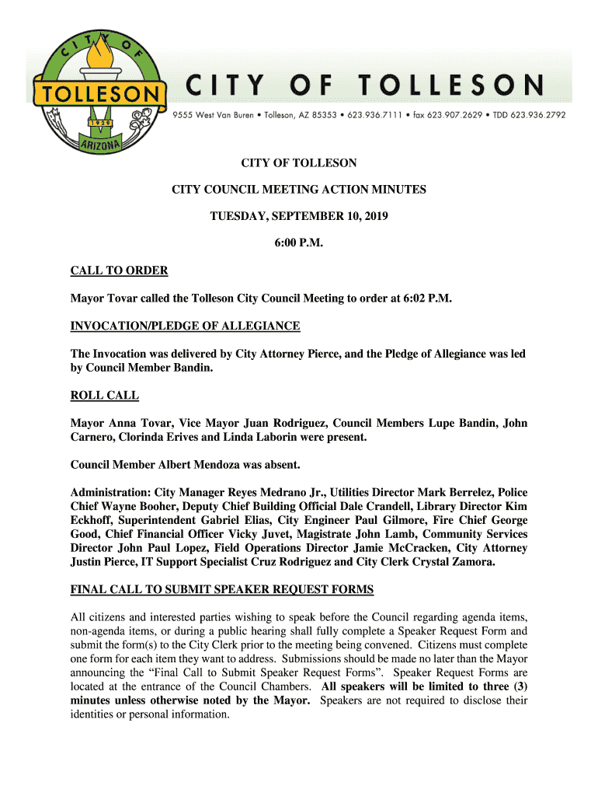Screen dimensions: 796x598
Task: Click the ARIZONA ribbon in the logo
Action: pos(99,145)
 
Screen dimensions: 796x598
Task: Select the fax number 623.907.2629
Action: pos(463,114)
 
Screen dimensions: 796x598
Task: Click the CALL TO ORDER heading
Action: pos(119,271)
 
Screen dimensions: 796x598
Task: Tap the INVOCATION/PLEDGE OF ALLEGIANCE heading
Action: pos(185,326)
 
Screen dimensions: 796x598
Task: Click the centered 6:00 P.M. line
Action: pos(298,244)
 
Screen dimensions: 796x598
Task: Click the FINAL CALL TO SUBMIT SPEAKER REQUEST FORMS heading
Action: pos(221,589)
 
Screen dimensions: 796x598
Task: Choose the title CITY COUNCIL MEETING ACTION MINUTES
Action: pos(299,190)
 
